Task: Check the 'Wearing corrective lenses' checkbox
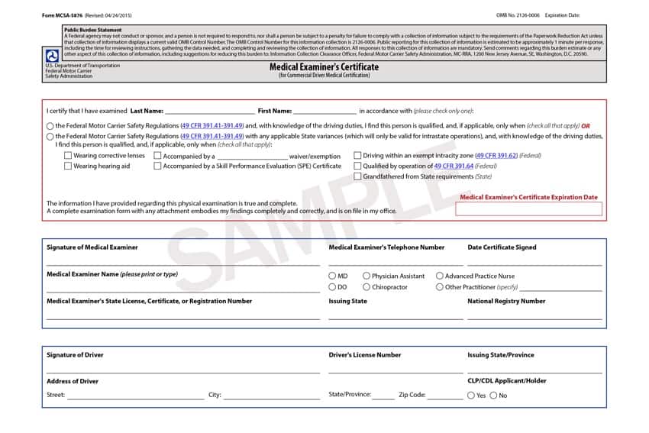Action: point(68,156)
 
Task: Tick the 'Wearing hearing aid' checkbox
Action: point(68,166)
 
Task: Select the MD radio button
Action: point(332,276)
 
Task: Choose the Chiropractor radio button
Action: point(366,287)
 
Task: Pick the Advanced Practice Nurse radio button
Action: point(440,276)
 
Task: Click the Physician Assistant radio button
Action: point(366,276)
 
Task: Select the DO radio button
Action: point(332,287)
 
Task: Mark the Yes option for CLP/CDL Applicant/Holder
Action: point(470,396)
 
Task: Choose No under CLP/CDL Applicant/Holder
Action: point(493,396)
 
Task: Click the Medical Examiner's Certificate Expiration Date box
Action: point(528,208)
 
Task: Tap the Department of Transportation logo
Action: point(51,56)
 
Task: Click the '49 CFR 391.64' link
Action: point(454,166)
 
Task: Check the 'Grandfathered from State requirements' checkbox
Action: point(357,176)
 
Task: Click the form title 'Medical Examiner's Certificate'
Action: point(324,67)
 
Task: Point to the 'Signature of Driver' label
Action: point(75,355)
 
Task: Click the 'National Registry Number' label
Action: point(506,301)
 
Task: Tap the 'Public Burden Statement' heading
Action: point(88,30)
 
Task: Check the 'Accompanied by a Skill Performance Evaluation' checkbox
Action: point(157,166)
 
